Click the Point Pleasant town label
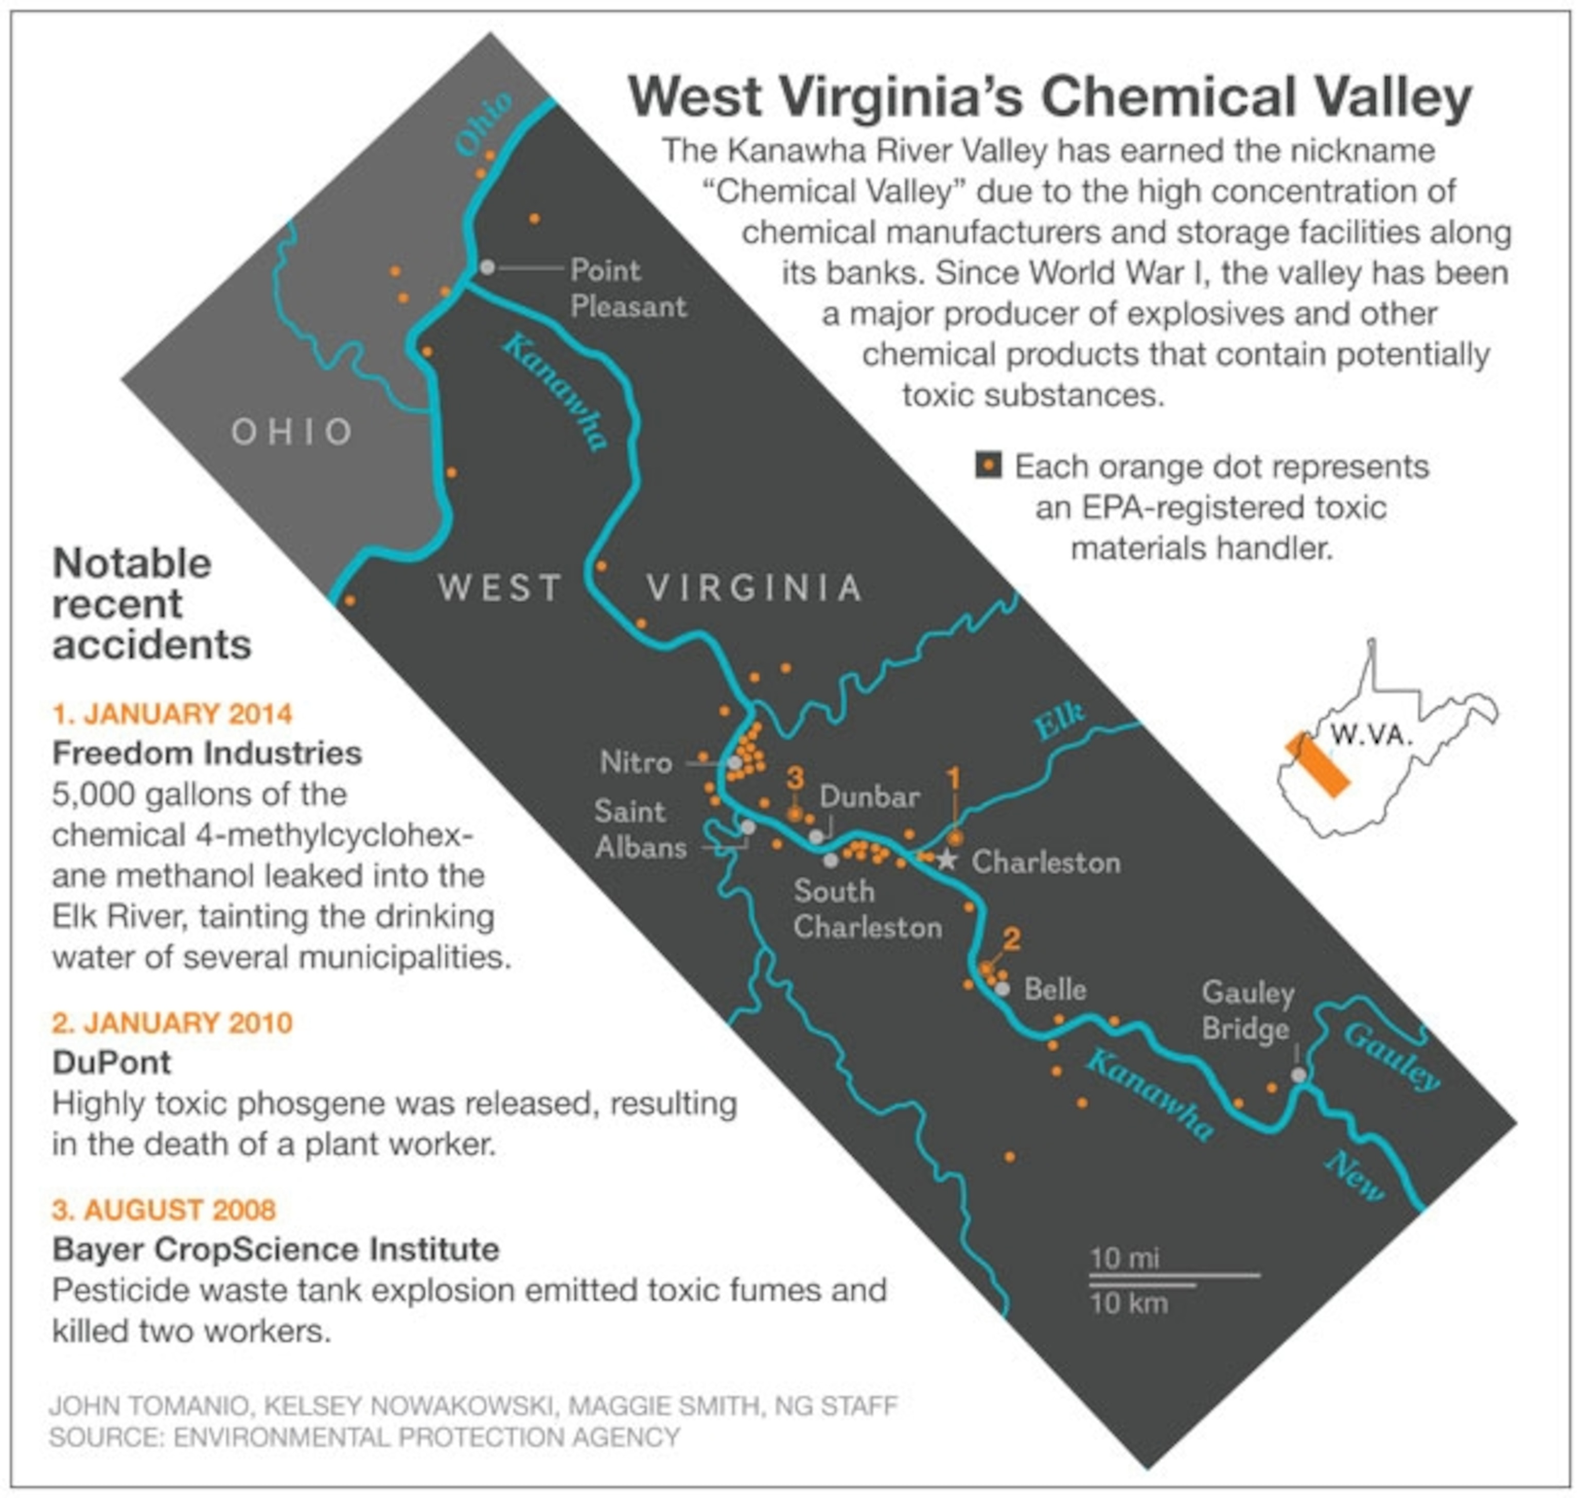pos(627,288)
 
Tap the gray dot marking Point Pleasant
pos(487,267)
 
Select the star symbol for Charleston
pos(947,860)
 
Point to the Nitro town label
pos(636,763)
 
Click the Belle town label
pos(1055,990)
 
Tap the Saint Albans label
pos(640,830)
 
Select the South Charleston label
pos(867,909)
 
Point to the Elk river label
pos(1059,722)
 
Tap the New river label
pos(1354,1177)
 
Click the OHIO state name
pos(292,432)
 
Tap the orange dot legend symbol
pos(989,466)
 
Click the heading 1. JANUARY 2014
pos(172,713)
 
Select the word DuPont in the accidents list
pos(112,1063)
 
